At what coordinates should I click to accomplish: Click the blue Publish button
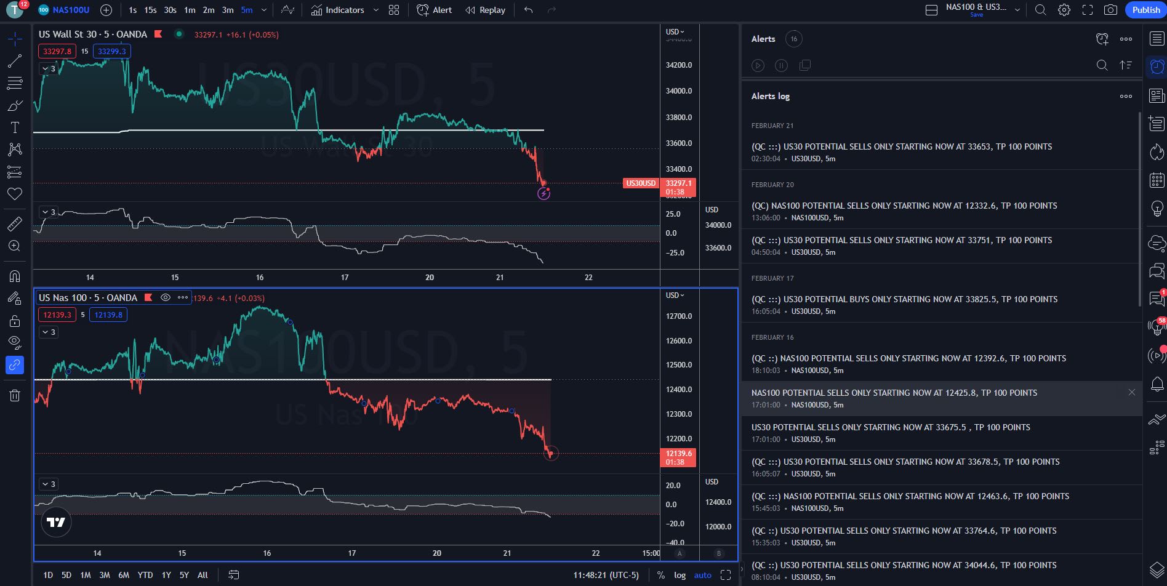tap(1145, 10)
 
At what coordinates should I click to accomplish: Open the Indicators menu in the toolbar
tap(338, 10)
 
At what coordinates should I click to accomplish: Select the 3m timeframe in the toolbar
tap(228, 10)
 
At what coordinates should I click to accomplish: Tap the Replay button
tap(485, 10)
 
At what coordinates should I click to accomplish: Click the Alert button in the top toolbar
tap(435, 10)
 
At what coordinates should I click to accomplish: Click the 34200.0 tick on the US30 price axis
tap(679, 65)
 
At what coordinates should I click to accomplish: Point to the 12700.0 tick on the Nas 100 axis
tap(679, 316)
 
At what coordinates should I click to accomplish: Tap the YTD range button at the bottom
tap(145, 575)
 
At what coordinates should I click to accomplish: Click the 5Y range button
tap(184, 575)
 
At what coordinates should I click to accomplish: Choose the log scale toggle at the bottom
tap(680, 575)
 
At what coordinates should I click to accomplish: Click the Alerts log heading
tap(770, 96)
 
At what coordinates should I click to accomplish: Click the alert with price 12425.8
tap(894, 393)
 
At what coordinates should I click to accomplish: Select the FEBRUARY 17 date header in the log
tap(772, 278)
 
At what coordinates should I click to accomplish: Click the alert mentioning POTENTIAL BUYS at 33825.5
tap(904, 299)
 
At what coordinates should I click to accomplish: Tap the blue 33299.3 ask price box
tap(111, 51)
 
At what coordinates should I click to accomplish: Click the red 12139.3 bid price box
tap(57, 315)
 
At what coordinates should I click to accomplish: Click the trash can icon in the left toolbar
tap(15, 395)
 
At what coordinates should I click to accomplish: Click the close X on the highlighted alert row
tap(1131, 392)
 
